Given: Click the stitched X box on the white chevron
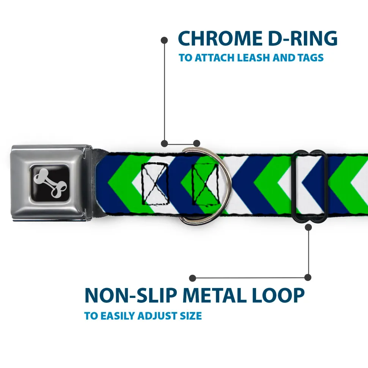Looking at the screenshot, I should pos(154,183).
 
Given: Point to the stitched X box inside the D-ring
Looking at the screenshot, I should pos(205,184).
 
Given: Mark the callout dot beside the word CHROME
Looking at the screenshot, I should pos(165,39).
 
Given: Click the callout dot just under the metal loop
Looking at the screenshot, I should pos(308,227).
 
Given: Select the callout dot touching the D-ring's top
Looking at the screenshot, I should pos(197,143).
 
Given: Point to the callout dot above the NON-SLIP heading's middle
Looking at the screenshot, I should pos(193,278).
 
